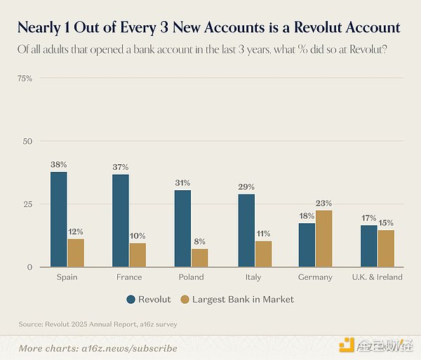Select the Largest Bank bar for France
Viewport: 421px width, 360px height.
[138, 255]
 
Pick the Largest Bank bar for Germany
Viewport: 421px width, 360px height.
[323, 239]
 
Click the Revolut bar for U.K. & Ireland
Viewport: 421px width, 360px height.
[369, 246]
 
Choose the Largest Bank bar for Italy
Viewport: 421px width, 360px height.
[262, 253]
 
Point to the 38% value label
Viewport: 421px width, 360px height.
[59, 164]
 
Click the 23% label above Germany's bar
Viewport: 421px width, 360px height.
[323, 203]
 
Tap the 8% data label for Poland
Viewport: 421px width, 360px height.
[199, 241]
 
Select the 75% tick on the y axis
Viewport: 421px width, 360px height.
[25, 78]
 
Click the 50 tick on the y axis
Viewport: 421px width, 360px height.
[27, 141]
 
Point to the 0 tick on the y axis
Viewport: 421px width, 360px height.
[29, 267]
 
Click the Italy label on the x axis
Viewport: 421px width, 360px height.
[253, 277]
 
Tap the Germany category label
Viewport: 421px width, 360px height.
[315, 277]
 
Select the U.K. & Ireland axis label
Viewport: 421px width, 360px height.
[377, 277]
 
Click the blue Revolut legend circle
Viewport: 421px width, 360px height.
[131, 299]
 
